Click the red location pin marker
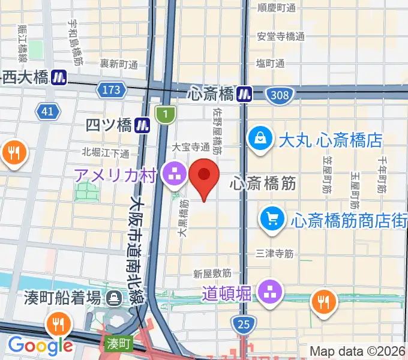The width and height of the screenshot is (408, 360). pyautogui.click(x=204, y=176)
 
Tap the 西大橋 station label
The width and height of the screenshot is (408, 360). pyautogui.click(x=25, y=77)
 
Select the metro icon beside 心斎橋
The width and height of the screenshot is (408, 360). pyautogui.click(x=244, y=94)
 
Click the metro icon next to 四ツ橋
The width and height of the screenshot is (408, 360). pyautogui.click(x=143, y=125)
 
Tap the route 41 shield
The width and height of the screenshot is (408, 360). pyautogui.click(x=48, y=111)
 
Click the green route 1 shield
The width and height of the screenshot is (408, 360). pyautogui.click(x=164, y=114)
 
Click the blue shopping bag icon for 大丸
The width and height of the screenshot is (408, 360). pyautogui.click(x=261, y=138)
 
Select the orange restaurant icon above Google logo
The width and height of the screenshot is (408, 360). pyautogui.click(x=58, y=325)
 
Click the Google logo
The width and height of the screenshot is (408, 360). pyautogui.click(x=40, y=346)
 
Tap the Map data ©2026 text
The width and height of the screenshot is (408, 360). pyautogui.click(x=358, y=350)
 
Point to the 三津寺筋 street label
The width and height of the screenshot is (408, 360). pyautogui.click(x=274, y=254)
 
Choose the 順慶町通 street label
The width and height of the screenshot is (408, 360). pyautogui.click(x=277, y=8)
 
